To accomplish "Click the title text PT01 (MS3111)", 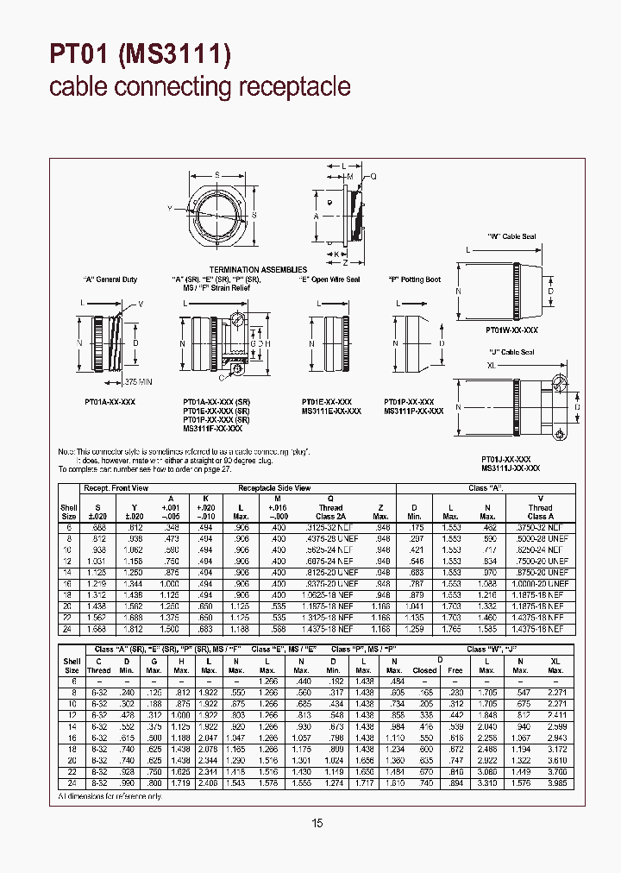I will tap(141, 54).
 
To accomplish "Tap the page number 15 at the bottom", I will tap(317, 824).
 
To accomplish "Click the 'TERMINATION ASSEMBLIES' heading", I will tap(258, 269).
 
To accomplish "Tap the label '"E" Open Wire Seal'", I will tap(329, 279).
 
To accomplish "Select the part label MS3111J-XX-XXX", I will tap(511, 468).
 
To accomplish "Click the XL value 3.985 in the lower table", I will tap(556, 783).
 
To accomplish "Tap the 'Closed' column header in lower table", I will tap(424, 669).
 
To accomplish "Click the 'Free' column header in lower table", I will tap(455, 669).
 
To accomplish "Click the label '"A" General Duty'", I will tap(110, 279).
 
